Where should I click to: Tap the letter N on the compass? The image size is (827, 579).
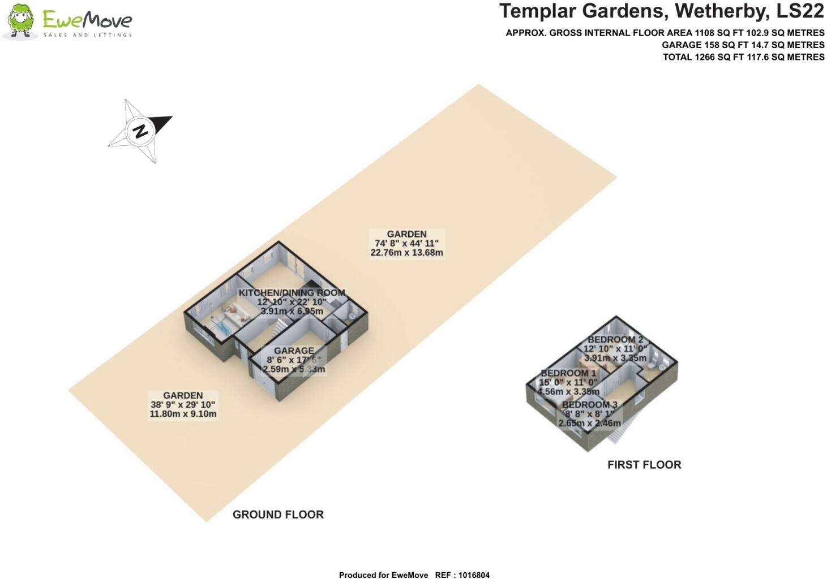click(x=140, y=131)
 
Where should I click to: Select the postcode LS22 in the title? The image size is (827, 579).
click(x=800, y=11)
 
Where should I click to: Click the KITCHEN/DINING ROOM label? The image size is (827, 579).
click(x=292, y=293)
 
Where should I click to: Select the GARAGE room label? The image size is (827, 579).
click(x=294, y=351)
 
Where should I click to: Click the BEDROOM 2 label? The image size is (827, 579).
click(x=615, y=340)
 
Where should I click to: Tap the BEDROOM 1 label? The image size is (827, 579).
click(x=568, y=373)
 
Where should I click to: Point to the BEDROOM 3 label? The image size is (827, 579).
click(x=590, y=404)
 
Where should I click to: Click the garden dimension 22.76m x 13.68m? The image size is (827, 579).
click(x=406, y=253)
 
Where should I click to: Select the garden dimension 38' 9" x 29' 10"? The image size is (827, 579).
click(x=183, y=404)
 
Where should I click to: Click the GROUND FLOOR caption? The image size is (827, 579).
click(x=278, y=515)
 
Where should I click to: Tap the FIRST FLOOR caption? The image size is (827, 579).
click(x=644, y=465)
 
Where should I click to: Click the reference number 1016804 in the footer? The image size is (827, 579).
click(x=474, y=575)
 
